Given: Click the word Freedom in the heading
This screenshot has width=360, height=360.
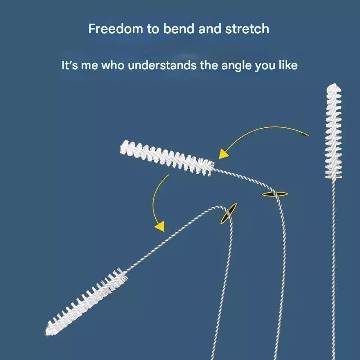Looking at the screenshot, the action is click(116, 29).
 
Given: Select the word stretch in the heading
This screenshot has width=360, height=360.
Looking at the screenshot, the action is click(247, 29).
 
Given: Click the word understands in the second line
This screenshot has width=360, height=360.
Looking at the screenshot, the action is click(162, 65).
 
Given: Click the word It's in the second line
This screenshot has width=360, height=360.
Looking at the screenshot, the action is click(70, 65).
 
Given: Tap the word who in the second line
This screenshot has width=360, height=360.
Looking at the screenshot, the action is click(113, 65).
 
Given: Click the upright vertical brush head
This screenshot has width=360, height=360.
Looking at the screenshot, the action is click(333, 131).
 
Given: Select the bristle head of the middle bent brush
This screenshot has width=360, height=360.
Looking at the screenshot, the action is click(167, 158).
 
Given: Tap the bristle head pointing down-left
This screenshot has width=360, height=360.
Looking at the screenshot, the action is click(86, 301).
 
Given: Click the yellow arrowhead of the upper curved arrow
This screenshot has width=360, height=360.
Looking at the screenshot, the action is click(223, 154).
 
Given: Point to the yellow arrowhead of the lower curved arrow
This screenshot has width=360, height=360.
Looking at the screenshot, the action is click(160, 226).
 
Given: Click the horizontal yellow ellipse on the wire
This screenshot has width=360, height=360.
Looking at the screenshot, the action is click(275, 194).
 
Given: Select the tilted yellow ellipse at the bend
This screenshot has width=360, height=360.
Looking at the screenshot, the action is click(229, 213).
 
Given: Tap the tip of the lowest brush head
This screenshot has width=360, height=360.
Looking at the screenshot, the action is click(47, 333).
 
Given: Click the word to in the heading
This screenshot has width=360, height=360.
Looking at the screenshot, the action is click(153, 29).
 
